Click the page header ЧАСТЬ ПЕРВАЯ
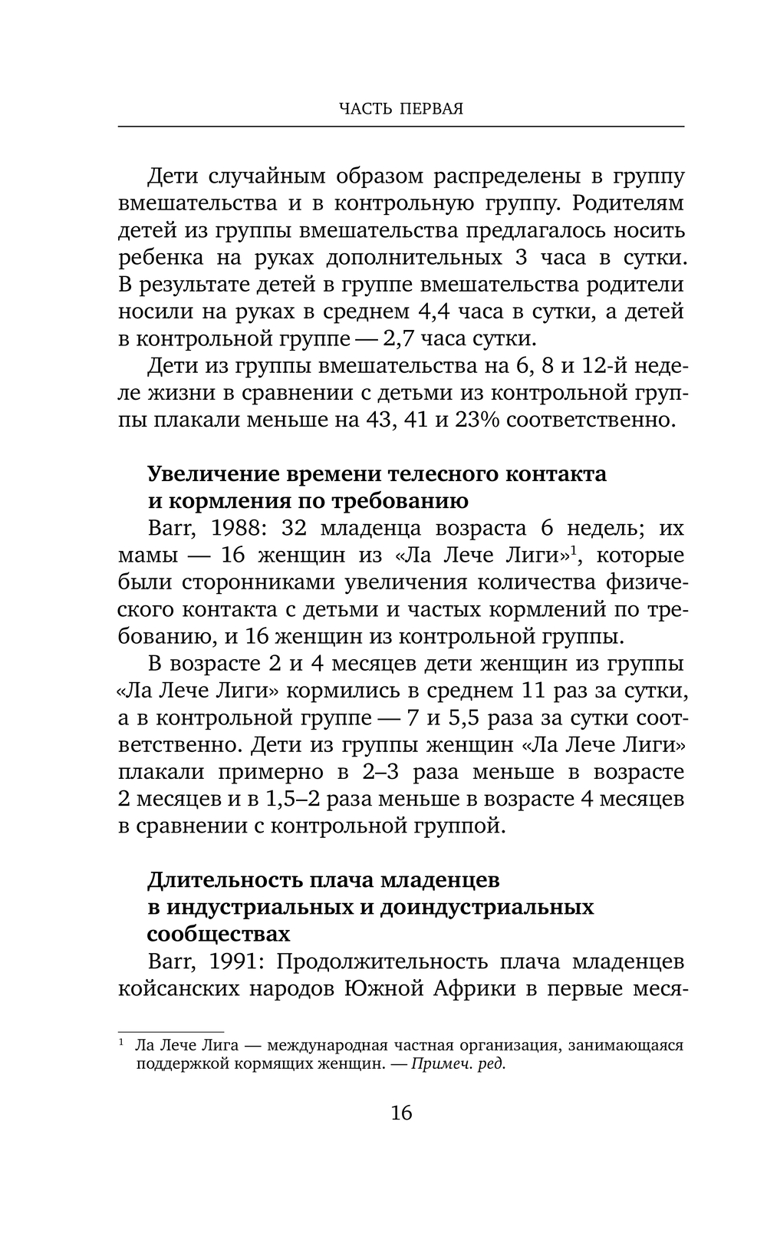400,109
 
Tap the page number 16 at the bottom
401,1112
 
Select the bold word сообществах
218,934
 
